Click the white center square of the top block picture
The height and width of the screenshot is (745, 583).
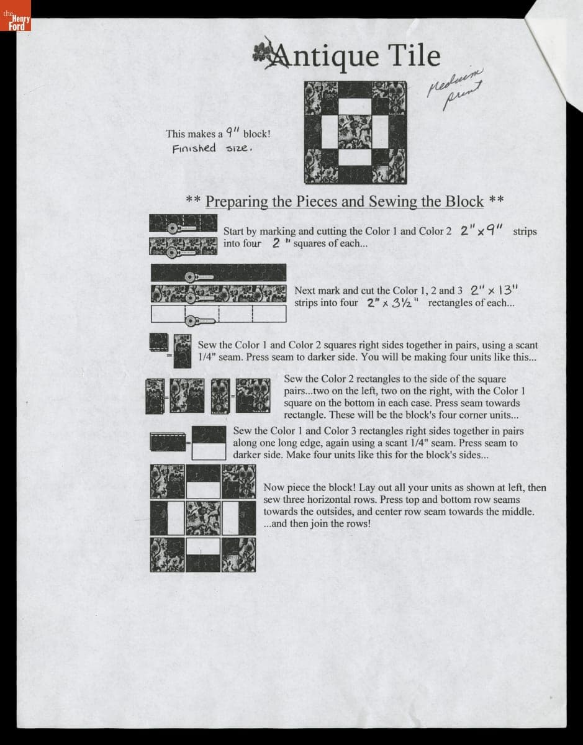coord(355,132)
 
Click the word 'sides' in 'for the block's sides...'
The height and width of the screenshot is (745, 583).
coord(471,454)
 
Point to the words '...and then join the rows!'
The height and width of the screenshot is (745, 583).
coord(317,523)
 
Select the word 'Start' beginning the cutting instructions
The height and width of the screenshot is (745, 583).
coord(235,231)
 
